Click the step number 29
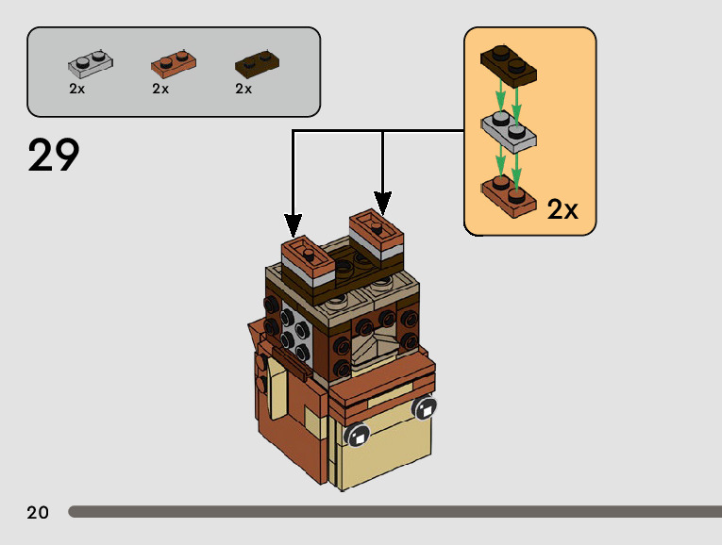click(54, 156)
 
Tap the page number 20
click(38, 512)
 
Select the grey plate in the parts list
click(91, 63)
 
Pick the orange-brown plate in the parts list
click(174, 63)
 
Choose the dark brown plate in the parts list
click(257, 63)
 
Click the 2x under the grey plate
click(76, 89)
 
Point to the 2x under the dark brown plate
click(243, 89)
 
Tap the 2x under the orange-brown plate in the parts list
click(160, 89)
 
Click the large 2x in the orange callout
click(562, 209)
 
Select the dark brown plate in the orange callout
click(509, 65)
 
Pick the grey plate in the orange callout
click(509, 132)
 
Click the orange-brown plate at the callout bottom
click(510, 196)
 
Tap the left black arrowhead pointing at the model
click(293, 225)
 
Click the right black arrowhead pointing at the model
click(382, 204)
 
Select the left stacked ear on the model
click(308, 263)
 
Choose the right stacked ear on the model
click(377, 239)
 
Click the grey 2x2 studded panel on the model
click(295, 335)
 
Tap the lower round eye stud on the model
click(357, 435)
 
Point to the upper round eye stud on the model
click(424, 407)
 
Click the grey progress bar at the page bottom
click(395, 511)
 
